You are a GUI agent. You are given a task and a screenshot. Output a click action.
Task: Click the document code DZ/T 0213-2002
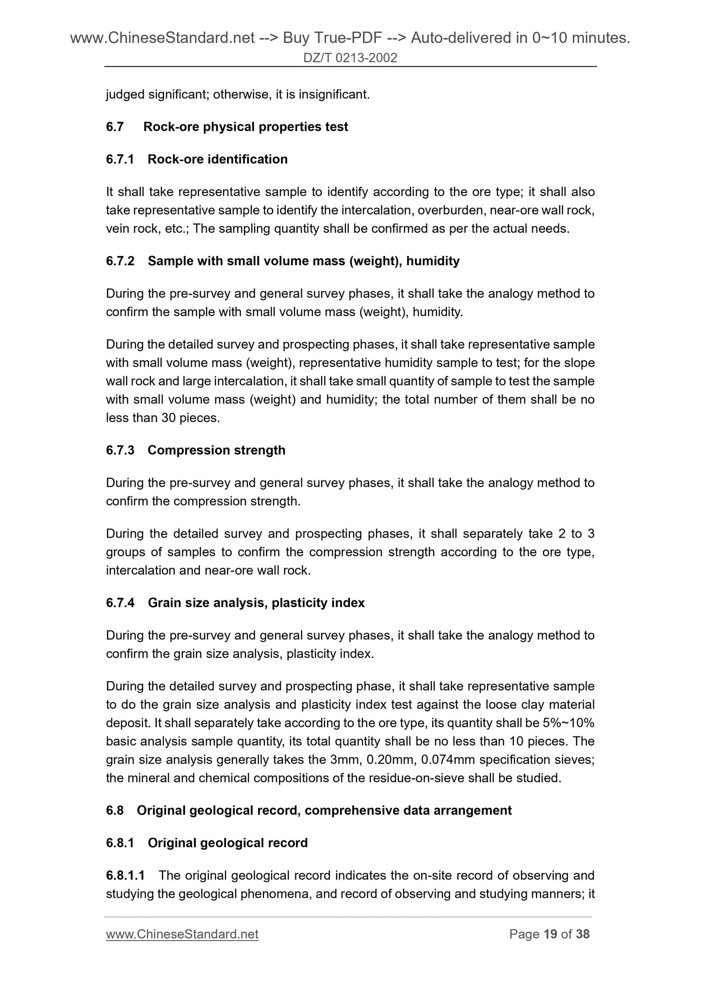point(350,58)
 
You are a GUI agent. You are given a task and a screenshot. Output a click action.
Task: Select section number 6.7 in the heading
point(115,127)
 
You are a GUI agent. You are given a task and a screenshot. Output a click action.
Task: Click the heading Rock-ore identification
point(217,160)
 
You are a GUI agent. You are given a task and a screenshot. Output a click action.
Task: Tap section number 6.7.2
point(120,261)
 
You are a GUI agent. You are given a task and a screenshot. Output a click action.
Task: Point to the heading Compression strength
point(216,450)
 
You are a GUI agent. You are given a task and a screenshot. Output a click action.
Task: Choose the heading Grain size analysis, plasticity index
point(256,603)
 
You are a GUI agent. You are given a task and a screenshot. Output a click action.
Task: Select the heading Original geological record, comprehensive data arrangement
point(324,811)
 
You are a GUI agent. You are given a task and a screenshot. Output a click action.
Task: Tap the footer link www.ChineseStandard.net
point(182,934)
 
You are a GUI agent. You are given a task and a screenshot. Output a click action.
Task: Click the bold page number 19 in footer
point(550,934)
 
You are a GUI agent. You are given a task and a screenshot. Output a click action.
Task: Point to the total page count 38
point(583,934)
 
